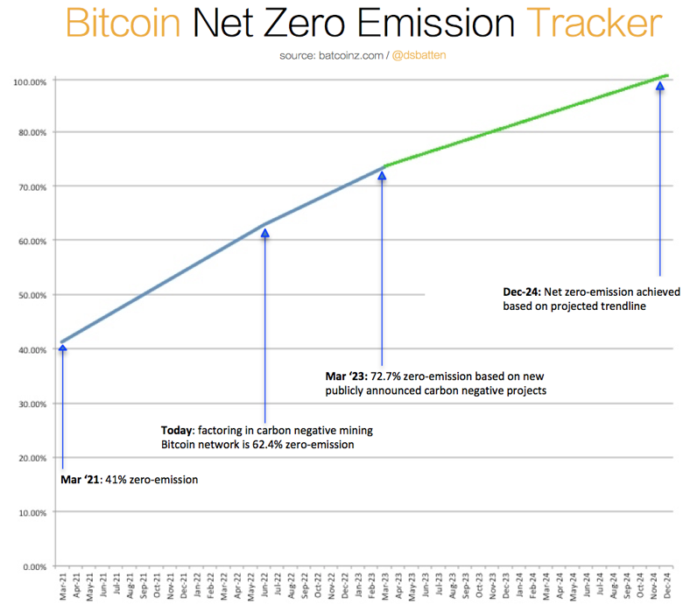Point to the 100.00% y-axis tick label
30,82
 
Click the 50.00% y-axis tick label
32,295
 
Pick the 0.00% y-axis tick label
33,566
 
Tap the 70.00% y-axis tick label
32,186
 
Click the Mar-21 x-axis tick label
63,587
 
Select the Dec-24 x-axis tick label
666,587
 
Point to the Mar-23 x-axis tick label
383,587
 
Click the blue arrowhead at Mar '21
62,348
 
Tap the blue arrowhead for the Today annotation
265,232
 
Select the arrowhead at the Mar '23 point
382,176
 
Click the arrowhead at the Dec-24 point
659,86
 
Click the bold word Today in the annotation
178,430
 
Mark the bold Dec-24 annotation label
521,292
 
